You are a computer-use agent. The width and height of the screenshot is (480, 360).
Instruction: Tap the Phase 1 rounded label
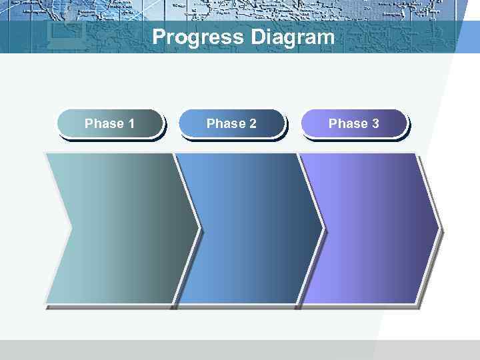coord(110,123)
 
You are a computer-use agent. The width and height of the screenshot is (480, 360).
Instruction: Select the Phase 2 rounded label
coord(232,123)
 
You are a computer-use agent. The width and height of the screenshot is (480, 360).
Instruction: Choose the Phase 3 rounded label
coord(354,123)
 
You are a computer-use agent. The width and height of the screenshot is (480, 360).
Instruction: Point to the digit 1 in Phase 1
coord(131,123)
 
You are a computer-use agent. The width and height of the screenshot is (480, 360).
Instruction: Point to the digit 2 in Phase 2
coord(253,123)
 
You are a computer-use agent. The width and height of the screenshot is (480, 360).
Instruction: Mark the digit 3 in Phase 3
coord(375,123)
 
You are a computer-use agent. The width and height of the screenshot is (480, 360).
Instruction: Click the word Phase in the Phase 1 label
coord(104,123)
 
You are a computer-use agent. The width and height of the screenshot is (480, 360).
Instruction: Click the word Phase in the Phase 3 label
coord(348,123)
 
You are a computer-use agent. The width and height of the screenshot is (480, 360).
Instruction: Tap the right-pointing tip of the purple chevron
coord(437,228)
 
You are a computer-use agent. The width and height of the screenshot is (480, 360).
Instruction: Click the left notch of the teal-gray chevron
coord(70,228)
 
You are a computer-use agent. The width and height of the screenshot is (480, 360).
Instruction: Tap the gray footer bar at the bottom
coord(240,350)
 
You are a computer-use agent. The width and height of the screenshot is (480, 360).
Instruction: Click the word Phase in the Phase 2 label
coord(226,123)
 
